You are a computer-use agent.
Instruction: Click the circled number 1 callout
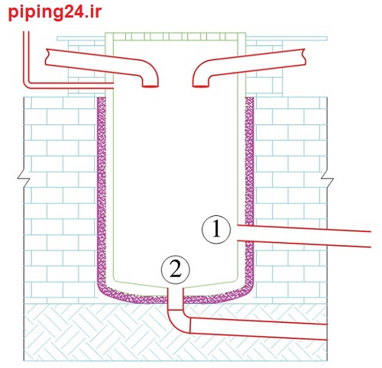pyautogui.click(x=216, y=230)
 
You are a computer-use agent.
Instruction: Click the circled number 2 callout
pyautogui.click(x=176, y=270)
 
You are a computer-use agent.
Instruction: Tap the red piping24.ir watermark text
pyautogui.click(x=55, y=13)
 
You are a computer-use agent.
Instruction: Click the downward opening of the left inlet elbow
pyautogui.click(x=151, y=86)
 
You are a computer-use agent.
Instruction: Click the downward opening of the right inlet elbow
pyautogui.click(x=201, y=86)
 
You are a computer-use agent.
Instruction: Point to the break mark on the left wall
pyautogui.click(x=24, y=178)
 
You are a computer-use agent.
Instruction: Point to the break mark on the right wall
pyautogui.click(x=327, y=178)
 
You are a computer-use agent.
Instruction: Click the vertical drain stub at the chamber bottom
pyautogui.click(x=176, y=299)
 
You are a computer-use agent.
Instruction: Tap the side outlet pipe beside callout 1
pyautogui.click(x=304, y=236)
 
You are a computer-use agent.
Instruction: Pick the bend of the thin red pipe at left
pyautogui.click(x=28, y=85)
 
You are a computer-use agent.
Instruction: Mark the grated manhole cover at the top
pyautogui.click(x=176, y=37)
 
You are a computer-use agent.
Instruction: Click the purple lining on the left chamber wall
pyautogui.click(x=102, y=193)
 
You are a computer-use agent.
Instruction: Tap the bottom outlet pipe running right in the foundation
pyautogui.click(x=258, y=328)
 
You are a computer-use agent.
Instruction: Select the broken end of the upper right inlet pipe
pyautogui.click(x=304, y=56)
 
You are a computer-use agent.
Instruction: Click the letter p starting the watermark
pyautogui.click(x=12, y=14)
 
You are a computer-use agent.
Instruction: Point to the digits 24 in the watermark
pyautogui.click(x=73, y=11)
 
